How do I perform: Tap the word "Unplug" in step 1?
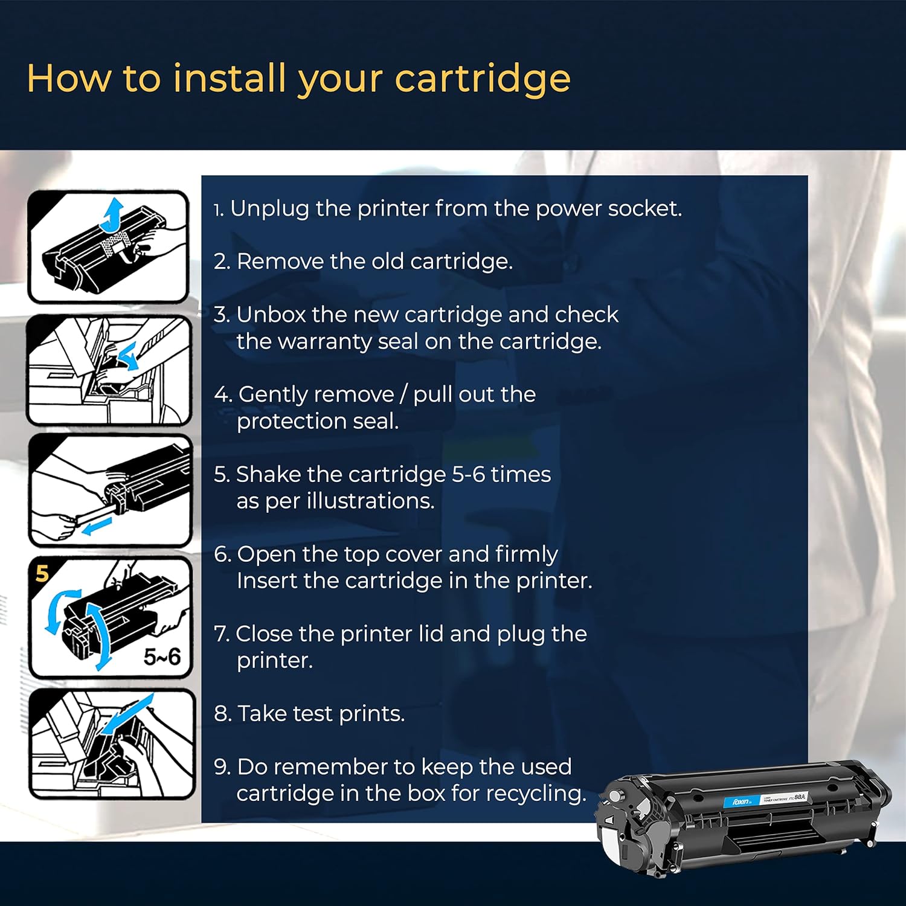(x=269, y=210)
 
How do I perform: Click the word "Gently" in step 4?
(x=274, y=395)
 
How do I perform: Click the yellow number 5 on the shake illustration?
(x=42, y=573)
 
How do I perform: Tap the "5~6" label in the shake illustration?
(x=162, y=657)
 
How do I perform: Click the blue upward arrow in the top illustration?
(x=111, y=216)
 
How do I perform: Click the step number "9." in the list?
(x=222, y=767)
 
